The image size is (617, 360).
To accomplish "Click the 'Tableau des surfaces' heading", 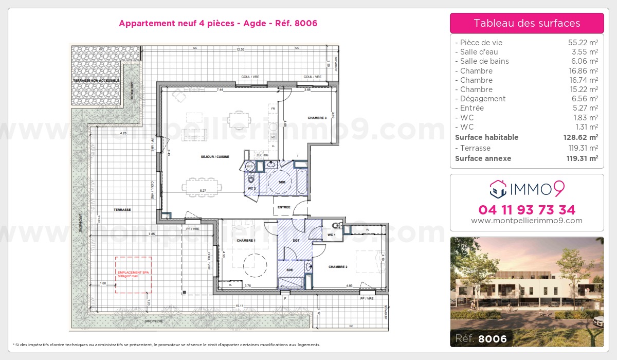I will (527, 23).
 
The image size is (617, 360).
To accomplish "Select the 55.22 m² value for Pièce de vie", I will (582, 43).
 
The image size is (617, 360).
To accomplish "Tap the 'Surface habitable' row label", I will (486, 137).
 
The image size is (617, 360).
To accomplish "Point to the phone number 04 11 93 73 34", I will (527, 210).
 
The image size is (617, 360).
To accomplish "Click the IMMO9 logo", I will (527, 189).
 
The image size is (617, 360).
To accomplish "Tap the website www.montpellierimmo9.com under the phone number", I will (527, 221).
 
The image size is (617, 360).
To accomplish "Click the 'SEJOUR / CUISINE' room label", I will (215, 156).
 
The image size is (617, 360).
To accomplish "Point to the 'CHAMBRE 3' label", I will (317, 118).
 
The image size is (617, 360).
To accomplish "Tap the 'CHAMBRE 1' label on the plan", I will (246, 240).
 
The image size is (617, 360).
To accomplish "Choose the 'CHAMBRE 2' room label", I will (338, 267).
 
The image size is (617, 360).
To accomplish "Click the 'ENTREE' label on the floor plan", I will (283, 207).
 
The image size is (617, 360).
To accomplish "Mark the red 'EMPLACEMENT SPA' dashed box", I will (133, 275).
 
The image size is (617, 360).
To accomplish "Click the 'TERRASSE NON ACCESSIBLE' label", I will (96, 81).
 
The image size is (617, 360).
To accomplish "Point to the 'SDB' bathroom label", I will (282, 182).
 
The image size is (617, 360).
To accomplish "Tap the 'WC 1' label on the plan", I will (332, 235).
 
